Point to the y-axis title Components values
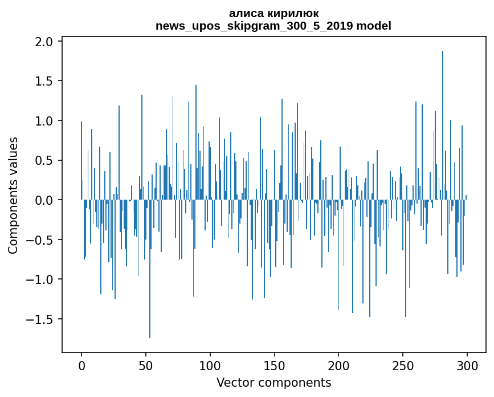tap(13, 195)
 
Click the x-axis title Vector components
tap(273, 382)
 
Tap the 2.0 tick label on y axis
tap(44, 42)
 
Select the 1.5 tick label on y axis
tap(44, 81)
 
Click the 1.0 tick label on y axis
tap(44, 121)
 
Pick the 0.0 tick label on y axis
tap(44, 200)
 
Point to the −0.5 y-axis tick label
tap(40, 240)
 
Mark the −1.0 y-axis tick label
tap(40, 279)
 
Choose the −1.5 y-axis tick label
tap(40, 319)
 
